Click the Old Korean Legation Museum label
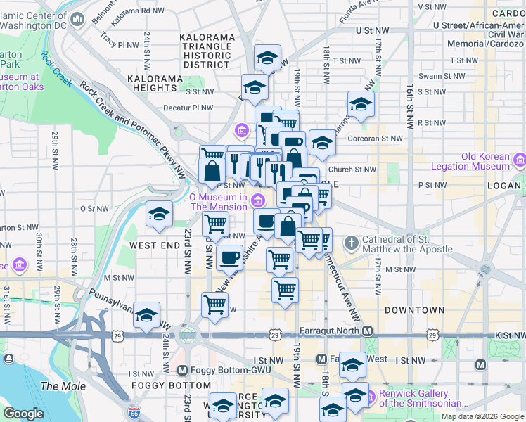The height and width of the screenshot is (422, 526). [x=485, y=161]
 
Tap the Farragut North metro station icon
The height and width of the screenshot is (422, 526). [x=366, y=331]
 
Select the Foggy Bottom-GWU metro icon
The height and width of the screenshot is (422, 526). [x=183, y=370]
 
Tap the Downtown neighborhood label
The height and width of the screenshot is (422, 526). [x=415, y=309]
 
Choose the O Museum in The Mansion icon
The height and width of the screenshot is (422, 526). [x=258, y=202]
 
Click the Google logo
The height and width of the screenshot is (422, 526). [x=24, y=414]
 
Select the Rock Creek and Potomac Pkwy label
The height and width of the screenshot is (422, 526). [x=134, y=129]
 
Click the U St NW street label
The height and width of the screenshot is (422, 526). [x=372, y=31]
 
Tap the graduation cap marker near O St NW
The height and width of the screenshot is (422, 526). [x=160, y=213]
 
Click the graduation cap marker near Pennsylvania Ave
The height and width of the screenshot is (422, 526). [x=146, y=315]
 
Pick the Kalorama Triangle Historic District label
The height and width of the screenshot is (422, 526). [x=207, y=51]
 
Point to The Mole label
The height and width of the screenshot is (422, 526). [x=63, y=386]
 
